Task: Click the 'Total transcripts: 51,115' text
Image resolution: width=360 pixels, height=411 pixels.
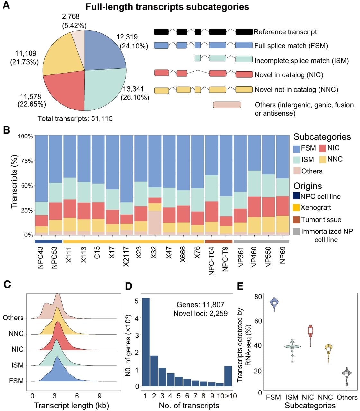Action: [x=75, y=118]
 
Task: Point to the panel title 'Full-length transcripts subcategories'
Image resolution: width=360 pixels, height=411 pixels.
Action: [x=167, y=7]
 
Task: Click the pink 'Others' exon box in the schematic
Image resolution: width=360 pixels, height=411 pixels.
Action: [x=227, y=105]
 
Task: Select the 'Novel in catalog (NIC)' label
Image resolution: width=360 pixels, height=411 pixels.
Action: [x=289, y=75]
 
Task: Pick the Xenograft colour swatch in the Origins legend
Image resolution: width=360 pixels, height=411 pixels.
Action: [x=296, y=208]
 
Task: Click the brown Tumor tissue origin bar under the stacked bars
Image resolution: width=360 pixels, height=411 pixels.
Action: [x=219, y=242]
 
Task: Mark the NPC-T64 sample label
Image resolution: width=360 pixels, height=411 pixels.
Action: [x=212, y=261]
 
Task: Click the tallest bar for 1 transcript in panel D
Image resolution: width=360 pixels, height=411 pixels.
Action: [x=146, y=342]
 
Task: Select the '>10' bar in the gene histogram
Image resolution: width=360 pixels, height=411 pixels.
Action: [x=228, y=376]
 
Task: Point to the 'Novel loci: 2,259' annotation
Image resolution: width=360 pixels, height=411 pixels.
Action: [x=201, y=314]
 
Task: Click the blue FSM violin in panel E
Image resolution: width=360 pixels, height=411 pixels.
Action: [x=274, y=304]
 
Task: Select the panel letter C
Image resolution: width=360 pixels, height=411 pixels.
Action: [x=7, y=284]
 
